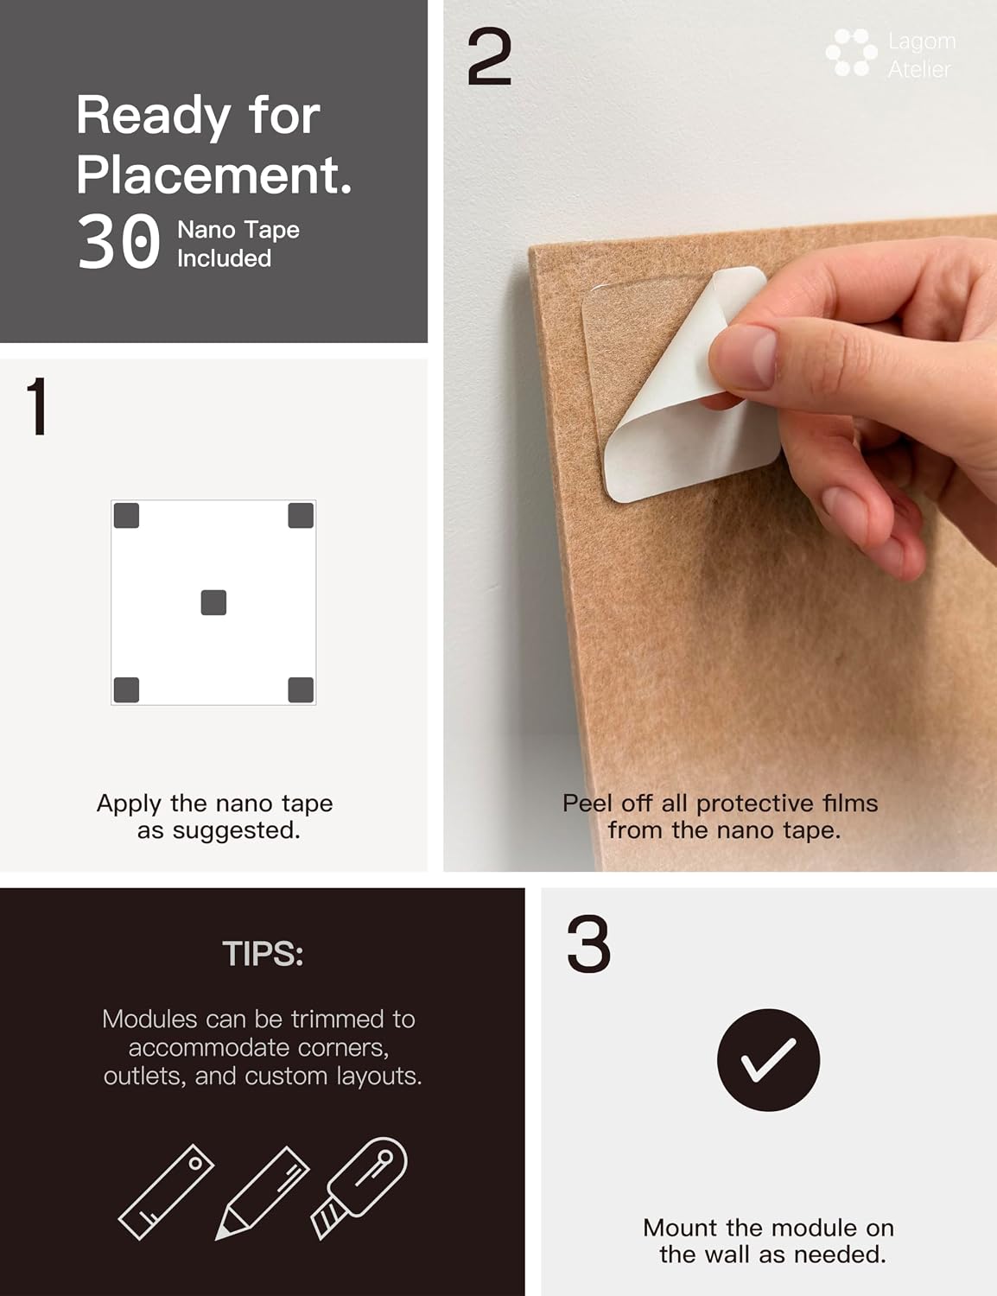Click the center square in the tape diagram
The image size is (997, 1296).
coord(213,602)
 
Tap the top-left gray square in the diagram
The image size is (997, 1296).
coord(126,515)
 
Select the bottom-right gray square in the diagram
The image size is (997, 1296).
coord(301,689)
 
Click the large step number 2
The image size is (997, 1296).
coord(489,57)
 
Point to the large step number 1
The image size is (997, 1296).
coord(37,406)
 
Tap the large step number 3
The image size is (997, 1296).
coord(588,944)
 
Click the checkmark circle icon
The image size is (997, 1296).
coord(768,1060)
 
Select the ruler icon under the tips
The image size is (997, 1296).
coord(167,1191)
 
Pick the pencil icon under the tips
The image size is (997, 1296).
coord(263,1192)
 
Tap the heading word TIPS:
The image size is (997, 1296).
coord(263,954)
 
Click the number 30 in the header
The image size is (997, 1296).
coord(118,242)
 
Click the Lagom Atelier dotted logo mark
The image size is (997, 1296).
coord(852,53)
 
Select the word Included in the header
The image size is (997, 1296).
coord(225,259)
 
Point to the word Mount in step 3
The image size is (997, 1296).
coord(680,1228)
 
